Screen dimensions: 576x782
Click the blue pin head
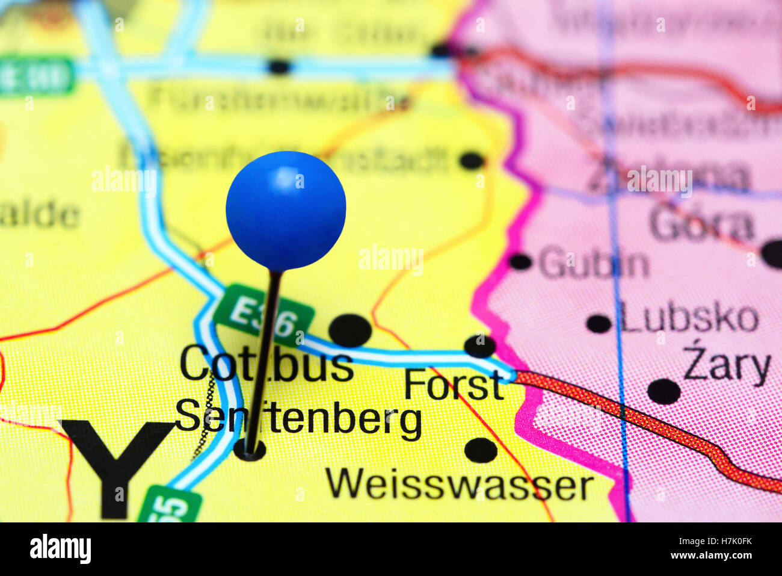[286, 210]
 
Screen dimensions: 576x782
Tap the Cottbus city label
[266, 364]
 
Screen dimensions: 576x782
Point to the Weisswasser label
[460, 485]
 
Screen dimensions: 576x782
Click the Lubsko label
[689, 318]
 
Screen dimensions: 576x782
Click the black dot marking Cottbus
[350, 330]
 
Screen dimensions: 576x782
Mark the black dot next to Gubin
[520, 261]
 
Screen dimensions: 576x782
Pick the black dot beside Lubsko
[599, 323]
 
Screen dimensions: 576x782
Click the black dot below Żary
[663, 391]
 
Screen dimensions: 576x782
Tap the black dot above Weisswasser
[481, 450]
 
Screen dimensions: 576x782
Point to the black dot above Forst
[479, 346]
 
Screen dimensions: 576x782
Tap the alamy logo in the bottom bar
[60, 549]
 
